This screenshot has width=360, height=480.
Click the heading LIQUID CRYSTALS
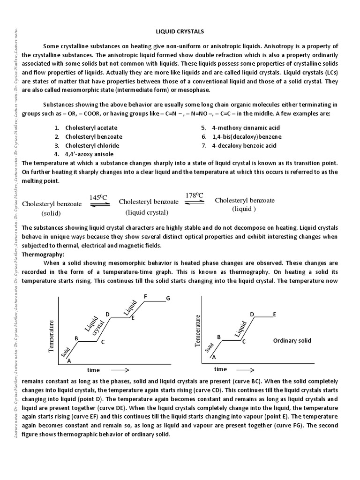[180, 31]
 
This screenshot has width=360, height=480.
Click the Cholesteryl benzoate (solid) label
[52, 208]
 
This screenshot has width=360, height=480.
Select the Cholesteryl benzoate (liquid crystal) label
[148, 207]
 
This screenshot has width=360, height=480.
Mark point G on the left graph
[168, 299]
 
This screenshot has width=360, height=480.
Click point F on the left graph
[146, 296]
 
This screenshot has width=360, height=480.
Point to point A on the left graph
[69, 360]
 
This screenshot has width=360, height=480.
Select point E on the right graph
[274, 314]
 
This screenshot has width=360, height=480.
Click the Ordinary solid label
[292, 341]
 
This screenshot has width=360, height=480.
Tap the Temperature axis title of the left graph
[51, 336]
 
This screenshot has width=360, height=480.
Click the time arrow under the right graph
[246, 369]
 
